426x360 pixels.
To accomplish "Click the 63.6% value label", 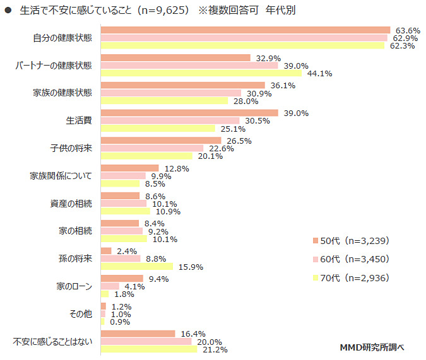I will [408, 30].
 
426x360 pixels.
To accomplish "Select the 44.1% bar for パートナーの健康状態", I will [202, 73].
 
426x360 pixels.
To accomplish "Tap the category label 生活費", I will [79, 120].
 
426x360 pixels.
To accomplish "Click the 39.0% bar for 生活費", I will [189, 113].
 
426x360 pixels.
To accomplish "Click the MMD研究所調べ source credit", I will [372, 347].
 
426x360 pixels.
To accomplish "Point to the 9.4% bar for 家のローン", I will [122, 278].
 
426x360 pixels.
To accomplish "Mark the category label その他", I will [81, 313].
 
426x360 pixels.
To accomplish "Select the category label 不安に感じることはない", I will [53, 341].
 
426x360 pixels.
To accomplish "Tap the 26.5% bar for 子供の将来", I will [161, 140].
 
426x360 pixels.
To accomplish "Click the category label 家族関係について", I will [61, 176].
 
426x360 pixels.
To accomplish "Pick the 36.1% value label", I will [282, 85].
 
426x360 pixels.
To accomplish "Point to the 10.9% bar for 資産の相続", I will [125, 211].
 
